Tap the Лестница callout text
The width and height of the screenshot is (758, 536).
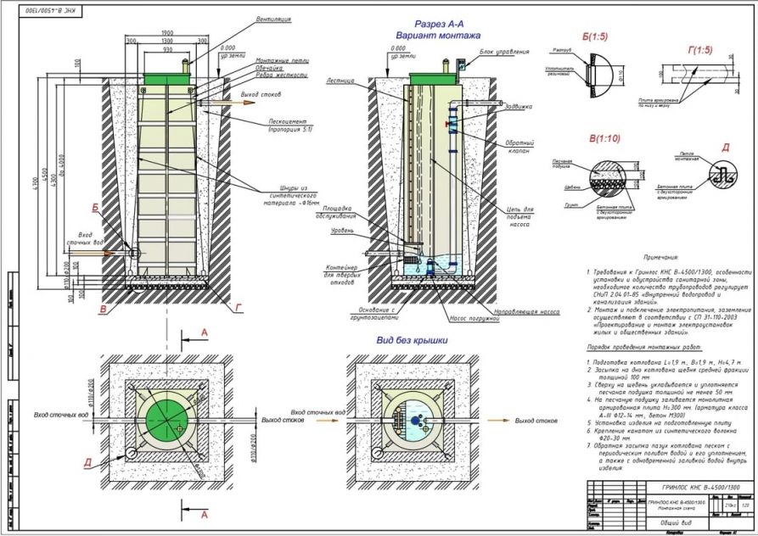[340, 82]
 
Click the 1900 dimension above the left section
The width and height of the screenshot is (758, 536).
[167, 31]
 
